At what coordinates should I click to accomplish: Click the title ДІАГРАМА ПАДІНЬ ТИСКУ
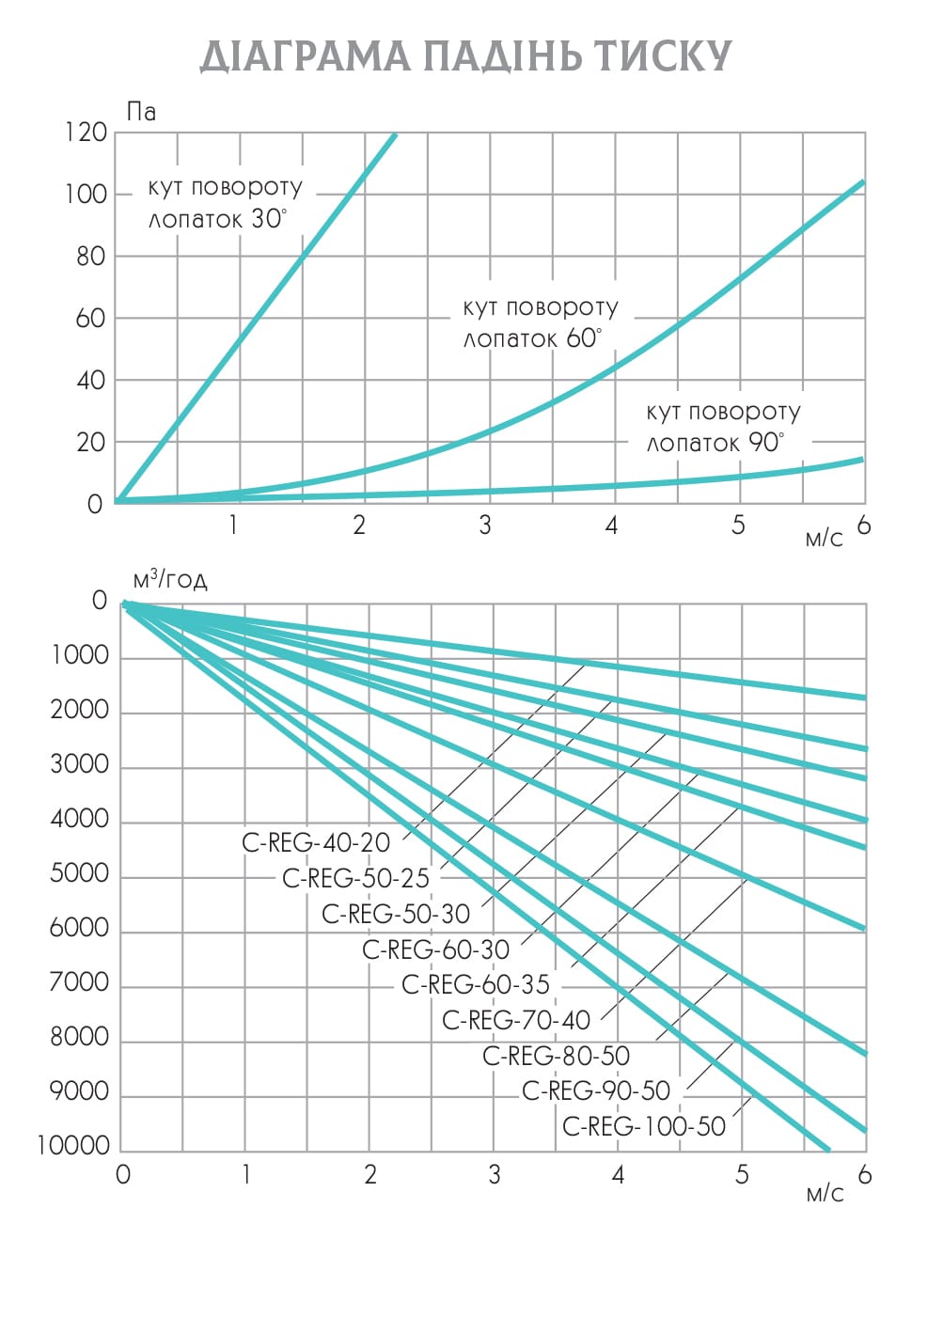tap(466, 56)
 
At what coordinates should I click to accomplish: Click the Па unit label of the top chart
tap(141, 112)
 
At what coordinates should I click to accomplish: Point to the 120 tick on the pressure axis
tap(86, 133)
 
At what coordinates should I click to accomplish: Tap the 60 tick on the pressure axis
tap(91, 319)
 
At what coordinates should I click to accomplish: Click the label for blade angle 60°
tap(540, 322)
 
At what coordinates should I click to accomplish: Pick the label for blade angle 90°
tap(722, 427)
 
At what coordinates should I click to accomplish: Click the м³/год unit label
tap(169, 578)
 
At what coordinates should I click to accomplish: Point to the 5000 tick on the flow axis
tap(80, 874)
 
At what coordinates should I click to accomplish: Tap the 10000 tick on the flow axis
tap(73, 1146)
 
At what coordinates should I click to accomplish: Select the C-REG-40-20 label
tap(316, 842)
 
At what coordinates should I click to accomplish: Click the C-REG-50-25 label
tap(355, 878)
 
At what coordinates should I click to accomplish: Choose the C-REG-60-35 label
tap(476, 984)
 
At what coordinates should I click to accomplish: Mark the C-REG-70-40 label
tap(516, 1020)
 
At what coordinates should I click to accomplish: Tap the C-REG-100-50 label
tap(644, 1126)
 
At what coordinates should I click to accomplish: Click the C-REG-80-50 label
tap(556, 1056)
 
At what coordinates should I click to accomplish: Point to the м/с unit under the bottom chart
tap(825, 1194)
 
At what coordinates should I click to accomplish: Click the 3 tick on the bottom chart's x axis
tap(494, 1174)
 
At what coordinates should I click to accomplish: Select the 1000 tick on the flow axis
tap(80, 656)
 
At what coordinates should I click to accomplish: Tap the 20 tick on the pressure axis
tap(91, 443)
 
